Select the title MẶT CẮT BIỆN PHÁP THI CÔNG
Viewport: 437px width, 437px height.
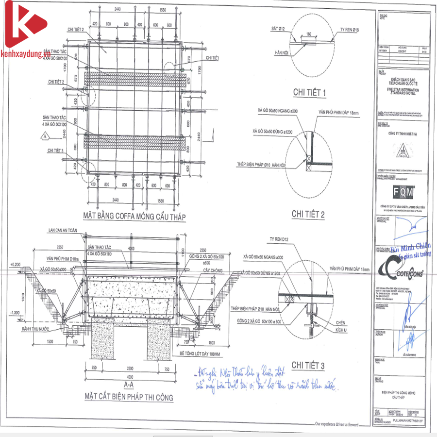tap(128, 397)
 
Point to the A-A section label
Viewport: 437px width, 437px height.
tap(129, 385)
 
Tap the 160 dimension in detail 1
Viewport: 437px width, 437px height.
tap(309, 35)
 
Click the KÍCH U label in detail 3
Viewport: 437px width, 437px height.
tap(342, 330)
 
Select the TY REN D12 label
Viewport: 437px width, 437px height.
tap(281, 239)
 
